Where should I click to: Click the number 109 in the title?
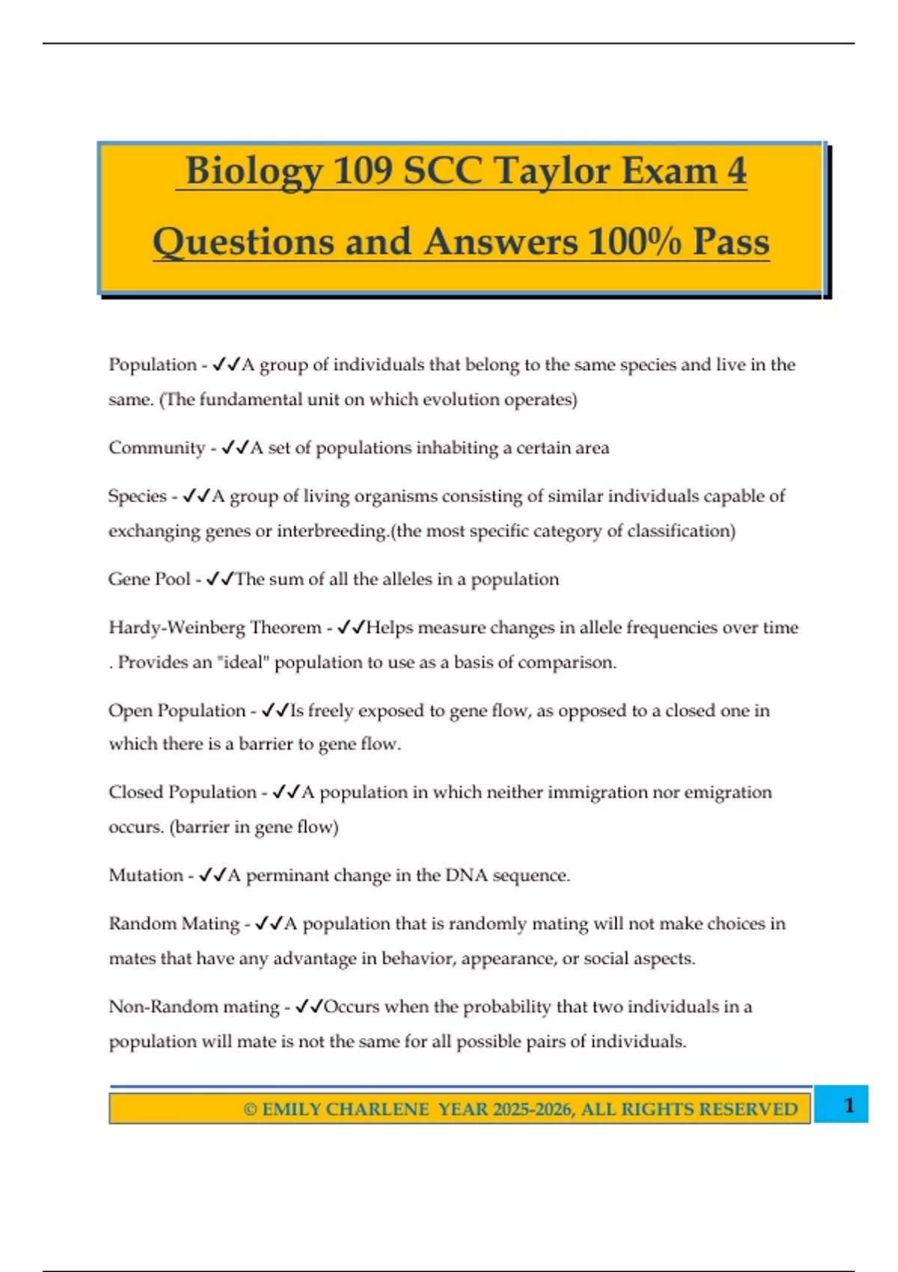coord(363,171)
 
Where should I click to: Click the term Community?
coord(156,447)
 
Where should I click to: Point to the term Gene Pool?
coord(149,579)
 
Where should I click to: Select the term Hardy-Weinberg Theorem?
coord(215,627)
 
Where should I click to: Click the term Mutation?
coord(145,875)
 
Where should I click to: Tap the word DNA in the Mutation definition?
coord(466,875)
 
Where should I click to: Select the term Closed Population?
coord(182,792)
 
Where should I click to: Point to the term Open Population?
coord(177,710)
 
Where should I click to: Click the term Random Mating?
coord(174,923)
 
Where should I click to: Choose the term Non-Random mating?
coord(194,1006)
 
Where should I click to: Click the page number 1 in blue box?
coord(849,1104)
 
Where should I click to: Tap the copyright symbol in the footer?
coord(250,1109)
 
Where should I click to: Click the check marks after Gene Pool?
coord(220,579)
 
